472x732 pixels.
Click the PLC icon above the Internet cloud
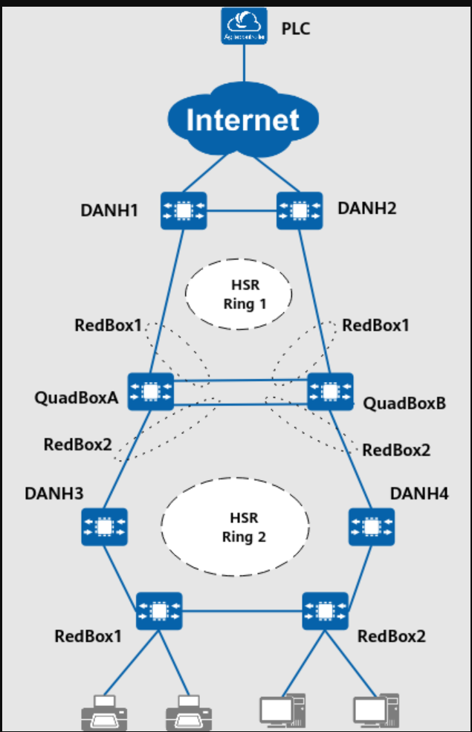[244, 25]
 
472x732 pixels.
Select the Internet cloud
[243, 119]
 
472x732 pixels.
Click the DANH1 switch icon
[184, 210]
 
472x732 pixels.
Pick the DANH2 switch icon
[299, 210]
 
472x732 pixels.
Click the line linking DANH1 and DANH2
[241, 210]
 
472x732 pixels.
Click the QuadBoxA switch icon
[151, 392]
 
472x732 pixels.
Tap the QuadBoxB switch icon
[329, 392]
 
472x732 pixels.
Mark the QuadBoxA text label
[77, 397]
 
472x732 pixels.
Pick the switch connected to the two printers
[158, 611]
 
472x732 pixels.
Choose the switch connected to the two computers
[325, 611]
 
